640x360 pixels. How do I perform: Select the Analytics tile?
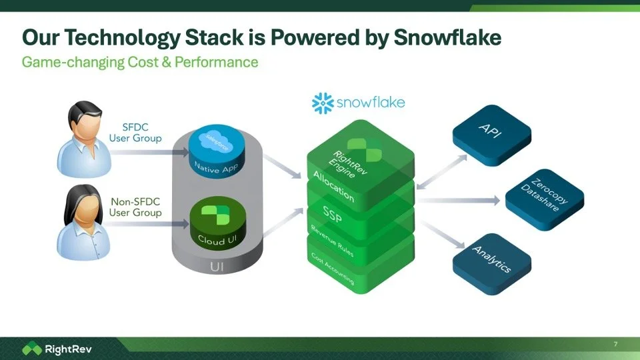492,259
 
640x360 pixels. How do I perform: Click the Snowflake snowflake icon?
323,103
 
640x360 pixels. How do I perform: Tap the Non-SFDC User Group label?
135,207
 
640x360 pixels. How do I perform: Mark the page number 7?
615,344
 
